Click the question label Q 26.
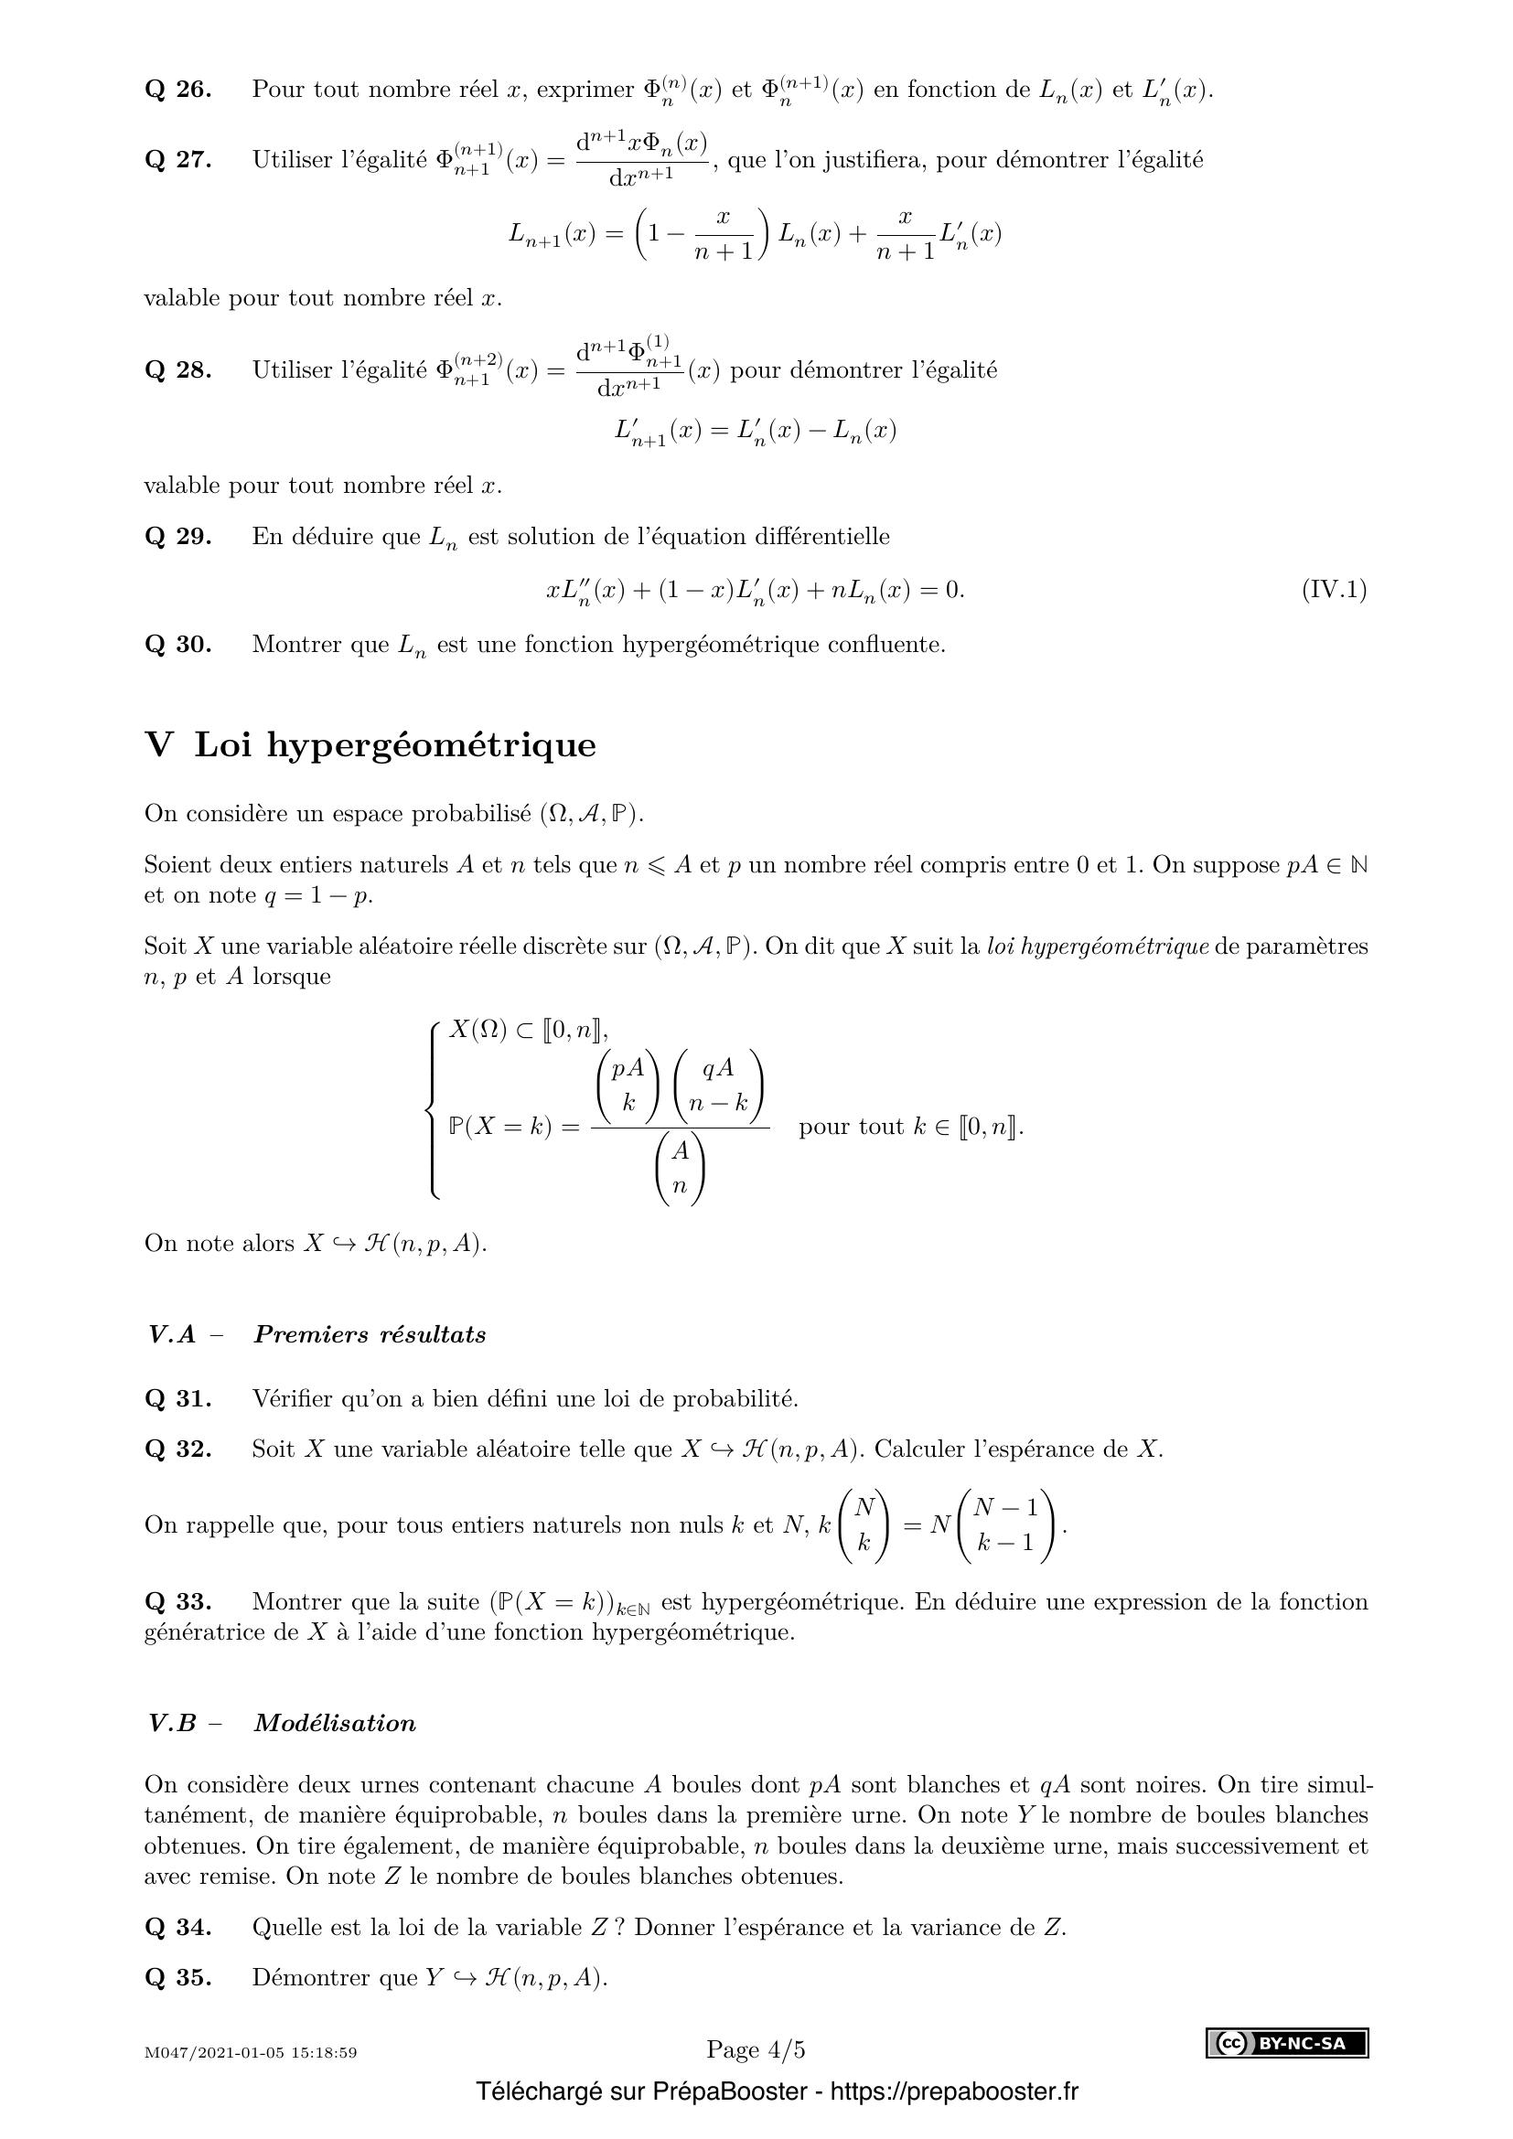[178, 91]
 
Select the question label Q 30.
[178, 645]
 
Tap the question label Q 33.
[178, 1601]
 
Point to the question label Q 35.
[178, 1977]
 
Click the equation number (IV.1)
[1333, 590]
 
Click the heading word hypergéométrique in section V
[431, 746]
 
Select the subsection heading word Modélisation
[335, 1724]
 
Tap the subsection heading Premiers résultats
[370, 1335]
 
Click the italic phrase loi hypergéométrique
[1099, 947]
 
